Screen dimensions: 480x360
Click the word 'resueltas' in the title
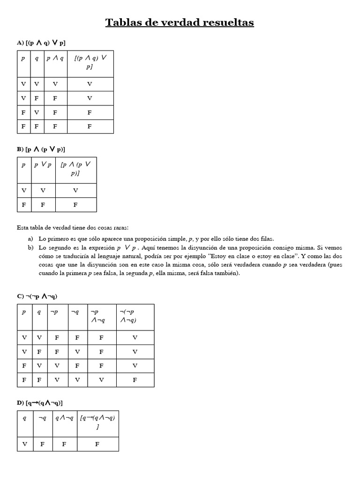[x=225, y=22]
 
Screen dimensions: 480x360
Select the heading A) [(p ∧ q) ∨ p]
[x=41, y=43]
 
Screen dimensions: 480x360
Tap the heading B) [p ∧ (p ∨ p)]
[x=41, y=149]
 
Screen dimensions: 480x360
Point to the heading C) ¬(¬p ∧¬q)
[x=37, y=296]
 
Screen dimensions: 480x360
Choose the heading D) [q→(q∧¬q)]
[x=40, y=403]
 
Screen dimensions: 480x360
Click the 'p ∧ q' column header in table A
[x=55, y=59]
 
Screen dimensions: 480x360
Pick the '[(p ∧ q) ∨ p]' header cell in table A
[x=90, y=63]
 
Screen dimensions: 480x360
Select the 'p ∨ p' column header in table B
[x=43, y=165]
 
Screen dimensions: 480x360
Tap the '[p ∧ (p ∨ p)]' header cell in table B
[x=75, y=169]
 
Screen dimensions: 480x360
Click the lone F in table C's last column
[x=135, y=380]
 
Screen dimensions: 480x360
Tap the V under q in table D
[x=24, y=444]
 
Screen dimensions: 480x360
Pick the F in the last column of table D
[x=97, y=444]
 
